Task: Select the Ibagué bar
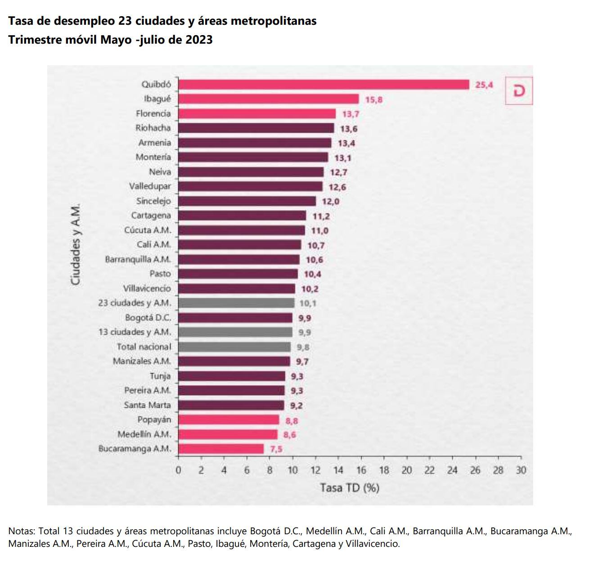click(268, 99)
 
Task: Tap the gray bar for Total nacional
click(234, 347)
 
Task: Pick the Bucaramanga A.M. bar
click(220, 449)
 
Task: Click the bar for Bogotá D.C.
click(235, 318)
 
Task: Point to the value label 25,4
click(484, 85)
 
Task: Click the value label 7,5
click(276, 449)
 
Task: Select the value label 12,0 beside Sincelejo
click(330, 202)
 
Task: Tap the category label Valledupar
click(150, 186)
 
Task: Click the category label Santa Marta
click(147, 405)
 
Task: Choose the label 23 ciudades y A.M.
click(135, 303)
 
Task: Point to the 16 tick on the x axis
click(361, 470)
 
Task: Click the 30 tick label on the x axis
click(521, 470)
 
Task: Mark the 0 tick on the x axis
click(178, 470)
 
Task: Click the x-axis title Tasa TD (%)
click(350, 488)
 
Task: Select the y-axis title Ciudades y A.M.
click(76, 244)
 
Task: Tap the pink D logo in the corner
click(519, 91)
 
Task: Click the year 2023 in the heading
click(198, 40)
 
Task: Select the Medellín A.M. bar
click(227, 434)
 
